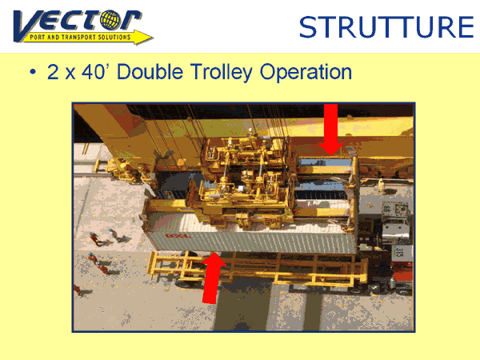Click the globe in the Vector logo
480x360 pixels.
[110, 20]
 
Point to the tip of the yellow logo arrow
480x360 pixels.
[154, 38]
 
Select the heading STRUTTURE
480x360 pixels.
[386, 27]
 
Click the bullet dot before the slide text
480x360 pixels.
[33, 72]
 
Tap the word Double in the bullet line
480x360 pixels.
[150, 72]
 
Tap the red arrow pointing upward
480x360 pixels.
[213, 278]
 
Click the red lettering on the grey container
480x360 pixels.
[178, 236]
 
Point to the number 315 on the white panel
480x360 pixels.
[399, 252]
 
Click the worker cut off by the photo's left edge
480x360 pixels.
[77, 290]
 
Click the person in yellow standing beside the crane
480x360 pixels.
[381, 185]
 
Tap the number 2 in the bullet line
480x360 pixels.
[53, 72]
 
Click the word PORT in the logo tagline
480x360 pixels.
[38, 38]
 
